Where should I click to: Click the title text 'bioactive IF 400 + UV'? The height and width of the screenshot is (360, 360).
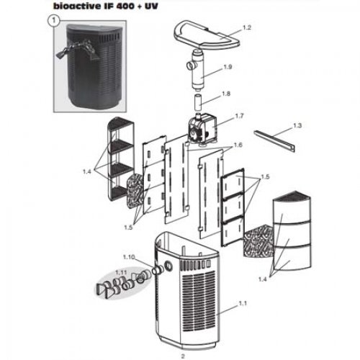click(x=106, y=6)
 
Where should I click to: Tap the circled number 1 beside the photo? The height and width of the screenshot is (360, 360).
click(x=54, y=21)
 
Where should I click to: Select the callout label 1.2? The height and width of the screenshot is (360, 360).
click(x=247, y=27)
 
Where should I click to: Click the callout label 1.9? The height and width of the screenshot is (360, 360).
click(x=228, y=67)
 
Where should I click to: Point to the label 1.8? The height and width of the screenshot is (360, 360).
click(x=226, y=94)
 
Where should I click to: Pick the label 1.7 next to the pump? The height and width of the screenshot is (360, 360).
click(x=239, y=116)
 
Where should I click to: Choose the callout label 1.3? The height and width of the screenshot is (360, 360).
click(x=297, y=125)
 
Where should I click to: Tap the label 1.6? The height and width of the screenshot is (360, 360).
click(x=238, y=145)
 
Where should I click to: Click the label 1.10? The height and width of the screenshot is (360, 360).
click(x=130, y=257)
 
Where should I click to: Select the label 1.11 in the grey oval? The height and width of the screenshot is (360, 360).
click(x=121, y=273)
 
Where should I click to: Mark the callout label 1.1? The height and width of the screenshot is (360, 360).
click(x=243, y=304)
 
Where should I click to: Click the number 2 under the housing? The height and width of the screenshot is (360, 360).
click(x=183, y=356)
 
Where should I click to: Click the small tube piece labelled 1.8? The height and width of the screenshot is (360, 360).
click(x=197, y=102)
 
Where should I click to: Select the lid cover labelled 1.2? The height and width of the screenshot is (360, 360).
click(x=207, y=35)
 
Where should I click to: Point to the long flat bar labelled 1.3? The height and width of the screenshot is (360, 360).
click(x=274, y=141)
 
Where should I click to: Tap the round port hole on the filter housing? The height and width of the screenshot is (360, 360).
click(x=168, y=265)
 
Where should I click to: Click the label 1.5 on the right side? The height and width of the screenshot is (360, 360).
click(x=265, y=177)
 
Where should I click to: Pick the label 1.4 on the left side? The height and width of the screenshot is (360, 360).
click(x=87, y=171)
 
